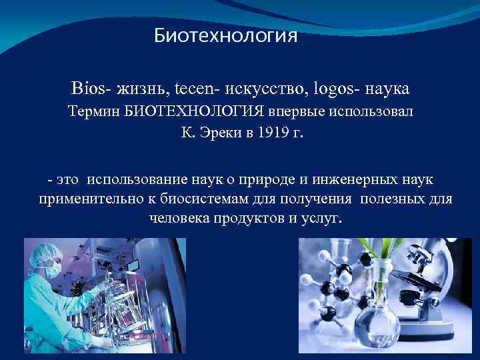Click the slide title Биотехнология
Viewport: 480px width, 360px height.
pos(225,35)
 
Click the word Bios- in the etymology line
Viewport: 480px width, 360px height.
pos(91,89)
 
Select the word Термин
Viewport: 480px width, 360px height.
pos(95,112)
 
